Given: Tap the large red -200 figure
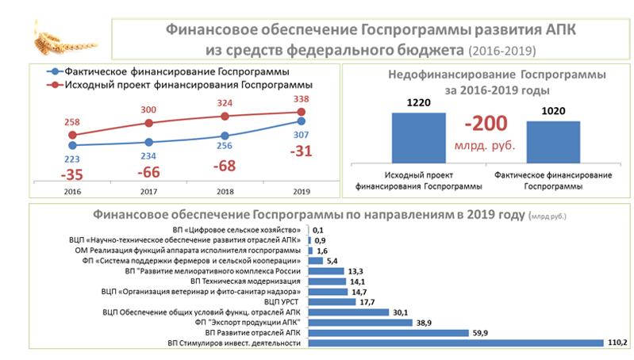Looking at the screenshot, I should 486,124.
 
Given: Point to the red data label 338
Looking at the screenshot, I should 302,99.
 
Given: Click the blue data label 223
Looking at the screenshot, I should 74,159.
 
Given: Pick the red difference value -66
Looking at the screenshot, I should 149,172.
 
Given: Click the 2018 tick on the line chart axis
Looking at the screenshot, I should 225,191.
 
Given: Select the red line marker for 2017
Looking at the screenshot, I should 149,123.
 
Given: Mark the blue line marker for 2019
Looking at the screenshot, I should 302,121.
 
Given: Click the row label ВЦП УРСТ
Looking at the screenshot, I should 282,302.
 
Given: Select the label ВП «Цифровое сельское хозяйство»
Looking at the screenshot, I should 236,229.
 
